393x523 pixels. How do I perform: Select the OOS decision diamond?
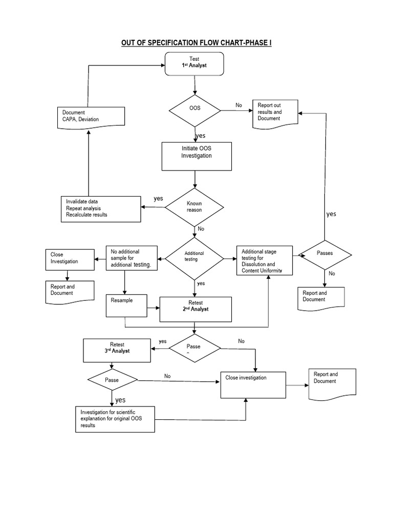point(194,109)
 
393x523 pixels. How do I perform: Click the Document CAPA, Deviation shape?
point(90,115)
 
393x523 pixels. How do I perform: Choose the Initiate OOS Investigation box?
point(196,156)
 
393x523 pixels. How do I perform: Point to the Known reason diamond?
point(194,207)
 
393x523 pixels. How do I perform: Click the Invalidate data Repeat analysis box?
point(100,209)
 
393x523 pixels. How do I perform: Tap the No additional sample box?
point(132,258)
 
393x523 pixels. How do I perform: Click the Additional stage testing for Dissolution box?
point(265,260)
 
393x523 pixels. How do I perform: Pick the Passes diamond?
point(324,253)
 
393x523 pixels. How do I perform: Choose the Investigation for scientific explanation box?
point(115,419)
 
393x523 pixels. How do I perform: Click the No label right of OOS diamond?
point(238,105)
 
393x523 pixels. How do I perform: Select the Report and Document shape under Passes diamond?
point(321,298)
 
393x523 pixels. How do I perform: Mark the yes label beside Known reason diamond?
point(159,198)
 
